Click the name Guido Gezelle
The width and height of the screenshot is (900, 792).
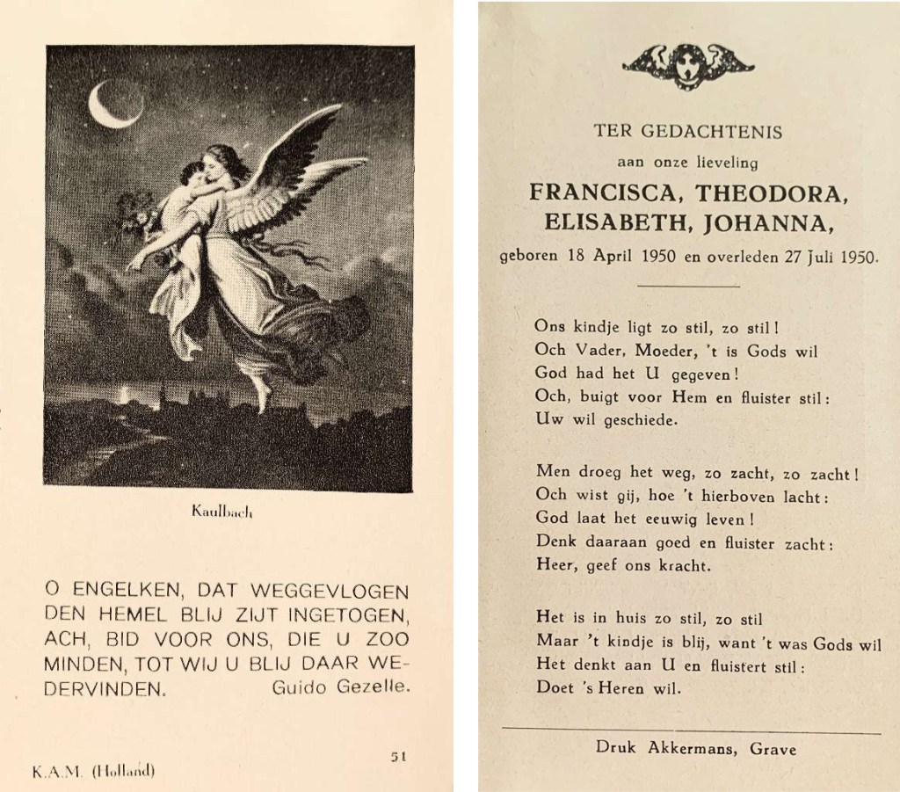(x=341, y=687)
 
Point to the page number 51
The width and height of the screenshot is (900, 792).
(x=398, y=754)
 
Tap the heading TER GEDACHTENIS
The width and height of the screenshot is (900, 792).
(x=687, y=133)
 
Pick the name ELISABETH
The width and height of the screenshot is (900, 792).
(x=622, y=224)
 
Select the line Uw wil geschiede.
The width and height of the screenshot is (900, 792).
(x=606, y=420)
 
